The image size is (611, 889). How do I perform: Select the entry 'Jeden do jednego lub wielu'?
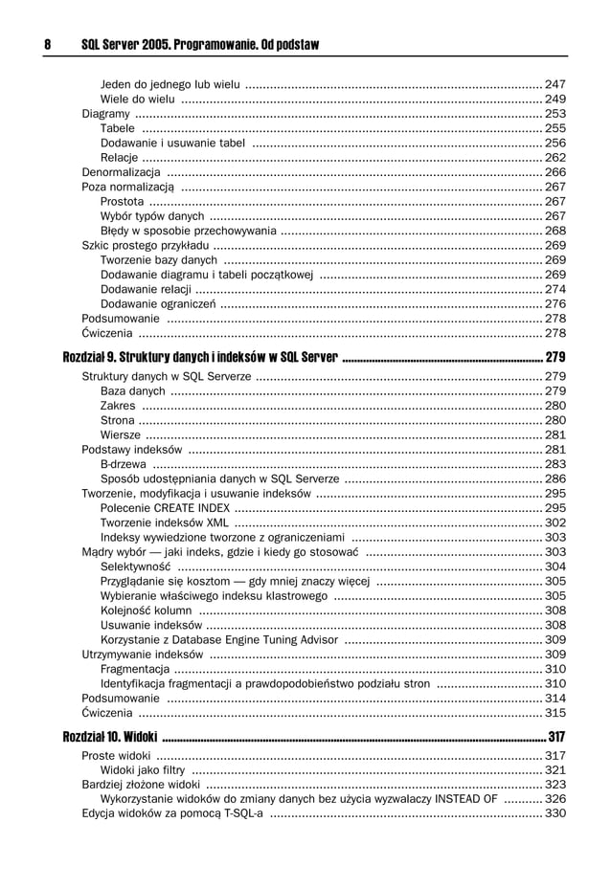(170, 84)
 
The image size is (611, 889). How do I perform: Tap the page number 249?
(554, 99)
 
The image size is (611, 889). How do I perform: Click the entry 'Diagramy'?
(105, 113)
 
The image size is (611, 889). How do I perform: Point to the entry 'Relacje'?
(119, 157)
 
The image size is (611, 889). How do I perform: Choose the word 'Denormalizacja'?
(122, 172)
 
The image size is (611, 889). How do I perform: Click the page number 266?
(554, 172)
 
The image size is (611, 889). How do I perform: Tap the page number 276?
(554, 303)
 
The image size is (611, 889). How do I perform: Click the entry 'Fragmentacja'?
(134, 669)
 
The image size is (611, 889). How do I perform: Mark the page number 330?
(554, 814)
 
